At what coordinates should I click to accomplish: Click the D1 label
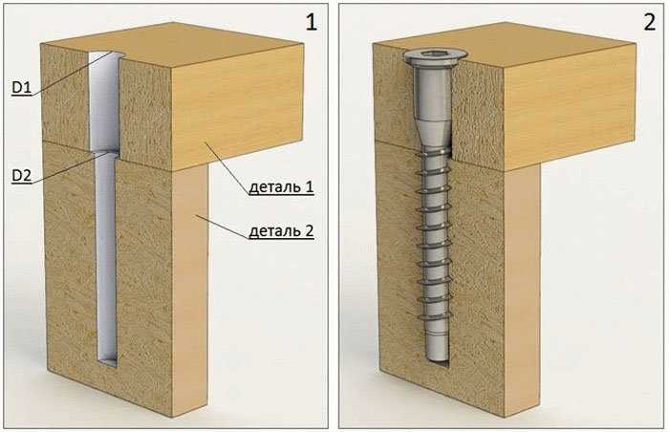(x=21, y=88)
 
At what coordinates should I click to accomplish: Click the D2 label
(x=21, y=176)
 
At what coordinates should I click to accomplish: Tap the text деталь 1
(x=281, y=187)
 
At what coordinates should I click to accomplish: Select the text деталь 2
(x=281, y=231)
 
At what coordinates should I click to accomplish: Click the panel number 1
(x=312, y=21)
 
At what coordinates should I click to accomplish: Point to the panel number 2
(x=649, y=21)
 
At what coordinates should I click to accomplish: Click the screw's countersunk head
(x=435, y=57)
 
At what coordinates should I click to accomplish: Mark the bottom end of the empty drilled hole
(x=107, y=362)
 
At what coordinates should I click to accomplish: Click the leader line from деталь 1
(x=227, y=169)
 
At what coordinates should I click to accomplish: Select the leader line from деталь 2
(x=222, y=227)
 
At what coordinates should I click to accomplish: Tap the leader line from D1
(x=73, y=74)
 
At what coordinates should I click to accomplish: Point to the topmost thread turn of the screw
(x=434, y=153)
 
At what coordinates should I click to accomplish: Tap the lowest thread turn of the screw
(x=434, y=316)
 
